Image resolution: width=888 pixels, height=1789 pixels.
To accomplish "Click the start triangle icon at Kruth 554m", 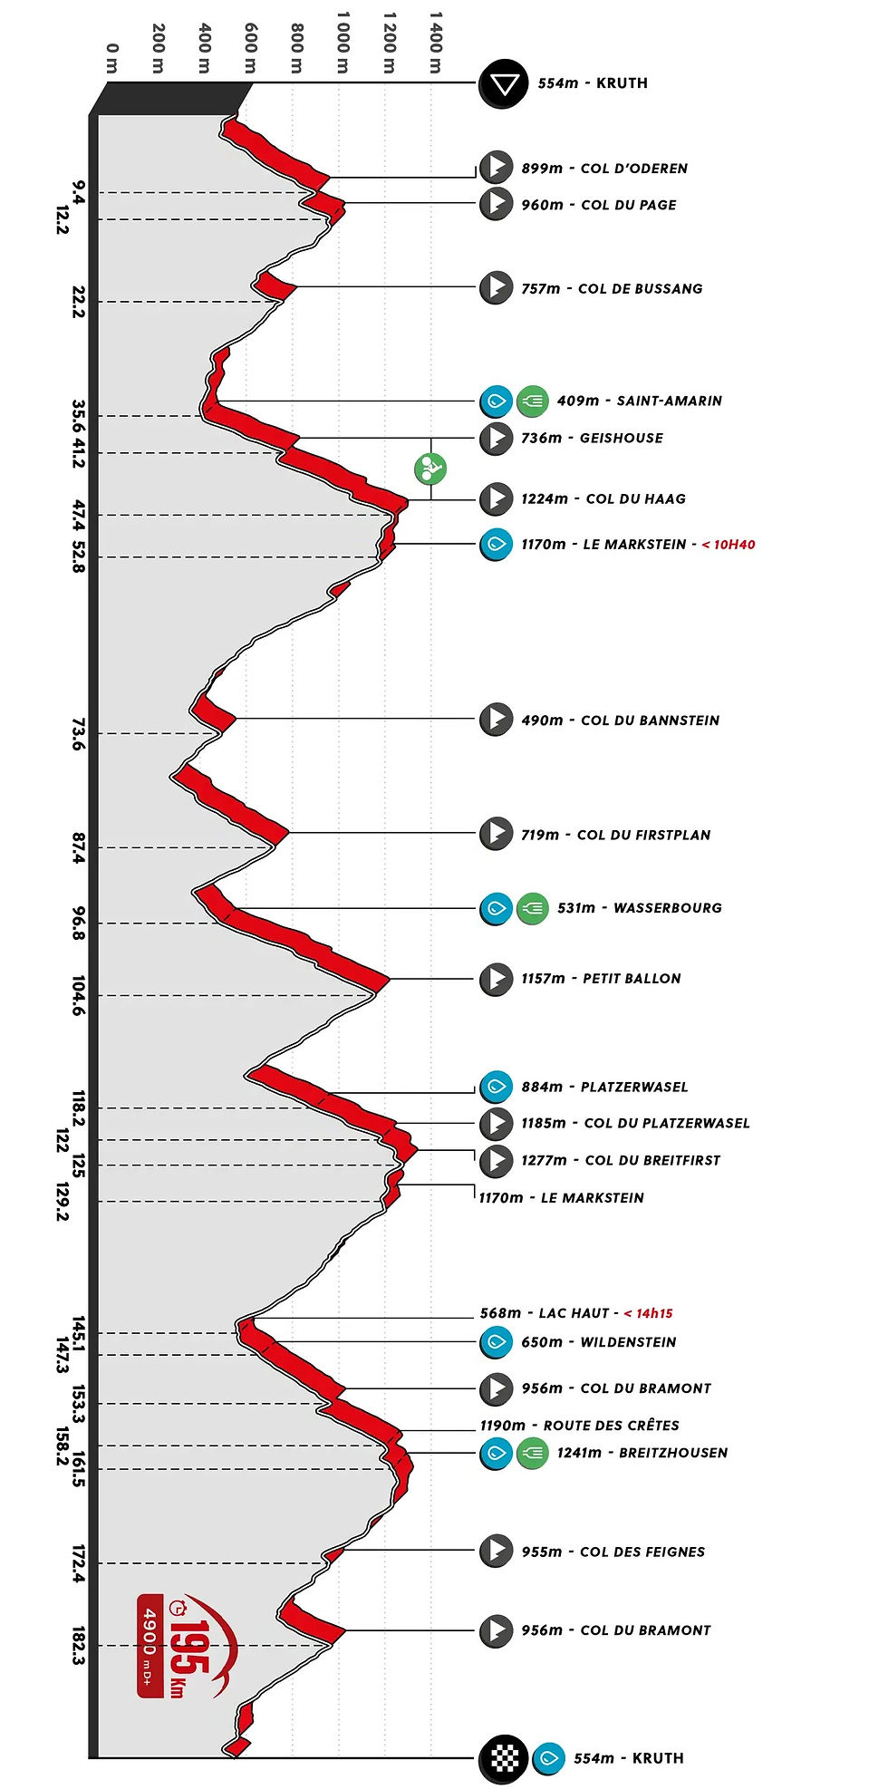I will click(x=503, y=84).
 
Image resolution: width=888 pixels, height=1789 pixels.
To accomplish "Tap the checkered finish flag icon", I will click(x=503, y=1759).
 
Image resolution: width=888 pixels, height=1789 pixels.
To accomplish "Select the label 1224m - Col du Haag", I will click(x=603, y=498).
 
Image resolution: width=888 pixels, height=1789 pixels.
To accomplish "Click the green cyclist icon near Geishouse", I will click(x=430, y=469).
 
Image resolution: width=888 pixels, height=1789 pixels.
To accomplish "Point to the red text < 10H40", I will click(x=729, y=545).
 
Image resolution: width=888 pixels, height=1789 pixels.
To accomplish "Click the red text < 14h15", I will click(x=648, y=1313).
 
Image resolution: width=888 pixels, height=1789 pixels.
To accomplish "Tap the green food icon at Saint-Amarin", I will click(x=533, y=401).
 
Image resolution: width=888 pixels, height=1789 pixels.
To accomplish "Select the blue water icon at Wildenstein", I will click(x=496, y=1342).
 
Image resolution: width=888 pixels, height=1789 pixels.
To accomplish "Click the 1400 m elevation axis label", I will click(x=436, y=43).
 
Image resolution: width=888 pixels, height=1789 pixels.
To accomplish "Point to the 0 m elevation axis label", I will click(x=111, y=58).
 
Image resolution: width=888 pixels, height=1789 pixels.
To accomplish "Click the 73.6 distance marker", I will click(x=79, y=734).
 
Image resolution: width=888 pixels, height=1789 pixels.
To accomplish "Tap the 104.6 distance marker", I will click(x=79, y=995).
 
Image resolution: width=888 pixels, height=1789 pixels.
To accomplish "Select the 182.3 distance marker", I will click(x=79, y=1646).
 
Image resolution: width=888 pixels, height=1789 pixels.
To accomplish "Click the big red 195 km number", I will click(x=190, y=1647).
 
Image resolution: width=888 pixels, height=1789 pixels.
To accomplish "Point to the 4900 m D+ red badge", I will click(x=150, y=1645).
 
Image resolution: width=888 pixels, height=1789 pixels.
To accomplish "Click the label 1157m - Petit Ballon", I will click(x=601, y=979).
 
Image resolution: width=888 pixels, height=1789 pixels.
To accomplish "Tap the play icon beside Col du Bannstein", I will click(x=496, y=720).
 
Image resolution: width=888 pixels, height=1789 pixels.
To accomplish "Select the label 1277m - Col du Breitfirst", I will click(x=620, y=1160).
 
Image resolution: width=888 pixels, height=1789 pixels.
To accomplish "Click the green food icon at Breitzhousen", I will click(x=533, y=1453).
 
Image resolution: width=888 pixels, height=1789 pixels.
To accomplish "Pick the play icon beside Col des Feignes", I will click(x=496, y=1551).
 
